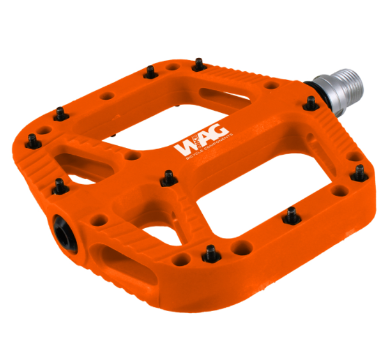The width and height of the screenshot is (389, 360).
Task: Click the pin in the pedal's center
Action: click(x=168, y=177)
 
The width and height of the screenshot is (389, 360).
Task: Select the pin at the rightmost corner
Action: click(x=360, y=172)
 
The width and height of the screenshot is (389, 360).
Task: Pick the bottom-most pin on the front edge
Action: click(x=210, y=254)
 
